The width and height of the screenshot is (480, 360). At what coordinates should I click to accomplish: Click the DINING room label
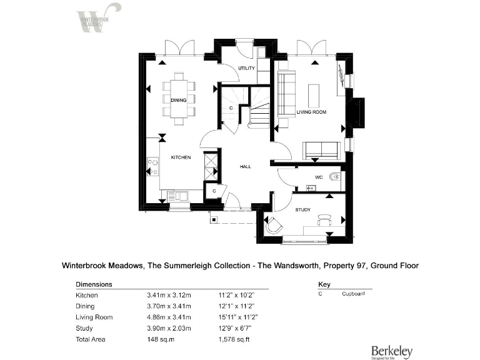pos(179,100)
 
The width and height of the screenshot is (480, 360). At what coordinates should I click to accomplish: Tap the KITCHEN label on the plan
pos(181,157)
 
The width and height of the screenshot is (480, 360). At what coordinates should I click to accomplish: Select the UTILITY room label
pos(247,67)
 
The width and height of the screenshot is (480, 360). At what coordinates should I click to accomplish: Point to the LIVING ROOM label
pos(311,112)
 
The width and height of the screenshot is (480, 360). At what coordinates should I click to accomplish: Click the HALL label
pos(246,167)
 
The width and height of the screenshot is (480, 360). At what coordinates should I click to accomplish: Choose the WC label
pos(318,177)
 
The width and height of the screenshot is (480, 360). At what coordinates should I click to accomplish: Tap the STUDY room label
pos(303,210)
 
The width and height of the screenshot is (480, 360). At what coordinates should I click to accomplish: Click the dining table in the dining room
pos(179,95)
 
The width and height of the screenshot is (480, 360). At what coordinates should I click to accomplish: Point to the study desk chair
pos(323,220)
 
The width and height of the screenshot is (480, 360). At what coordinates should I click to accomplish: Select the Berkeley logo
pos(392,352)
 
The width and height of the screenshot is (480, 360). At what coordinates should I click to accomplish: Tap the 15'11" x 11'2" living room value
pos(237,317)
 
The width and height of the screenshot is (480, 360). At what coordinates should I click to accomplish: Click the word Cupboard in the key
pos(353,294)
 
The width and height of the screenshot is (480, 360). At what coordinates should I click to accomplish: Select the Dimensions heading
pos(94,284)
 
